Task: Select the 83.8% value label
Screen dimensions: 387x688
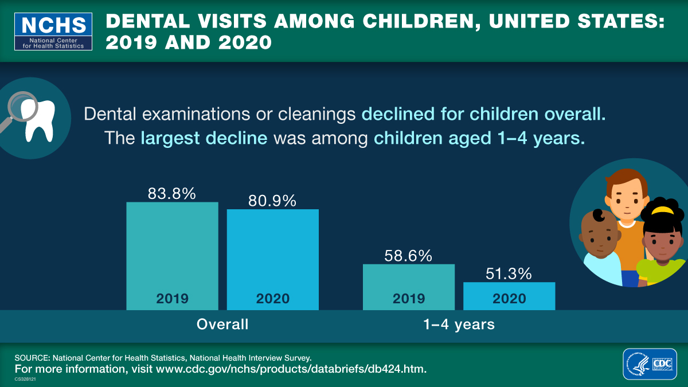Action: [x=172, y=194]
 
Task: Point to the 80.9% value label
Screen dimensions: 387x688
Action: [x=272, y=201]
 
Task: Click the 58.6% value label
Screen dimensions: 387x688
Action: [x=408, y=256]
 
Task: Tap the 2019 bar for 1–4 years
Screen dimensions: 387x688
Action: [x=408, y=287]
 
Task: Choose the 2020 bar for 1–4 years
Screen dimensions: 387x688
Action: [x=509, y=296]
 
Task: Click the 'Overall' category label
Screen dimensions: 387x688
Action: [x=222, y=324]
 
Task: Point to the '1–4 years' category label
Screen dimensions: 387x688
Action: [x=459, y=324]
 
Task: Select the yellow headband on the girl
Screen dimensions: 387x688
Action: [x=663, y=210]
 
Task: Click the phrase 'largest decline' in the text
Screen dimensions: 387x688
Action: [x=204, y=138]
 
